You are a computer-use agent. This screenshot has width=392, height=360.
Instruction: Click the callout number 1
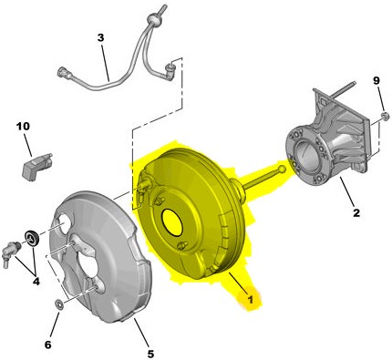coord(250,300)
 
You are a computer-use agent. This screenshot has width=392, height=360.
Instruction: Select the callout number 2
coord(356,212)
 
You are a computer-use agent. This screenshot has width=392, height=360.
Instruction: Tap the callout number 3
coord(100,37)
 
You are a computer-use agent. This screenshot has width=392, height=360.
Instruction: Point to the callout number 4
coord(36,282)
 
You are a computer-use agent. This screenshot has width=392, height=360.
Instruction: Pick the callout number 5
coord(150,354)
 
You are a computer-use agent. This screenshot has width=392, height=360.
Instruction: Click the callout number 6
coord(48,345)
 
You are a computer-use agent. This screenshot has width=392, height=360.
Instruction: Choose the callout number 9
coord(377,80)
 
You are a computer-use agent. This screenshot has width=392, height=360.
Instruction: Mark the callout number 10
coord(23,126)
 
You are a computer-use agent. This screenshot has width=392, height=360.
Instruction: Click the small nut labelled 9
coord(386,115)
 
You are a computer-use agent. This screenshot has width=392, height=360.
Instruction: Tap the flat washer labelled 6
coord(58,304)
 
